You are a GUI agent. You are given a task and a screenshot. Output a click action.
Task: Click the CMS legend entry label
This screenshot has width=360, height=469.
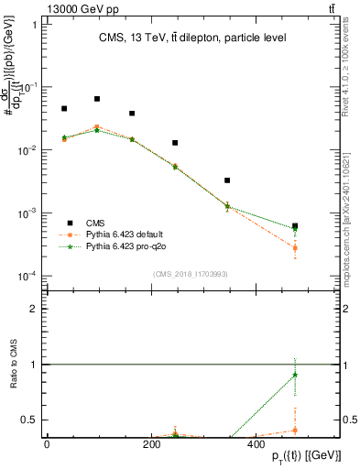click(95, 223)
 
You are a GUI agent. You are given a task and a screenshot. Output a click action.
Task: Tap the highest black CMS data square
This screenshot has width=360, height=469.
click(97, 99)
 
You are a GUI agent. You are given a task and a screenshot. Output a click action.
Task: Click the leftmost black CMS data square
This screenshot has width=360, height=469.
click(64, 109)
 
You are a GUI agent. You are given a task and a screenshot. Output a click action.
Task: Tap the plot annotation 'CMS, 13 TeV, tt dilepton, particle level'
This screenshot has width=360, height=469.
click(192, 38)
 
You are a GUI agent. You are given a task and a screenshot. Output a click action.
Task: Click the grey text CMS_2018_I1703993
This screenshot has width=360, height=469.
click(192, 274)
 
